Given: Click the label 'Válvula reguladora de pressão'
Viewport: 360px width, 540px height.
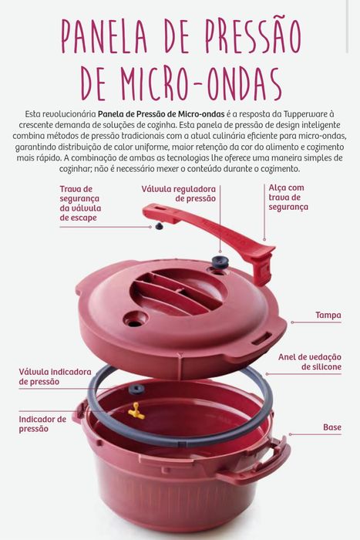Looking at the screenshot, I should point(178,193).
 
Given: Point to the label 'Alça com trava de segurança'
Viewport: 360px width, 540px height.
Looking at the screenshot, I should point(288,197).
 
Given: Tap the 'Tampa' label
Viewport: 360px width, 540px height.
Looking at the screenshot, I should point(328,315).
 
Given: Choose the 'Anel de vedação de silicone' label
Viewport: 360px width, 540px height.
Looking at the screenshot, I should point(310,362).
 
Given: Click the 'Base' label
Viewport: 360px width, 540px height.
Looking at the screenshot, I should point(331,427).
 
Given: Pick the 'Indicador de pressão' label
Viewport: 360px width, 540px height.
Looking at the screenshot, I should point(42,424).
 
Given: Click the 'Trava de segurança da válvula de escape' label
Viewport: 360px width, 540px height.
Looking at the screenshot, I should point(81,203).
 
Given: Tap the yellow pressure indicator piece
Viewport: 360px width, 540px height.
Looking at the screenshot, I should point(137,410).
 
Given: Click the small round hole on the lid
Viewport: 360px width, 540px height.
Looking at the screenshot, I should point(135,318).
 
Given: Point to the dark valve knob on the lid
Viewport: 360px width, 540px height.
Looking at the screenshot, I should point(221,262).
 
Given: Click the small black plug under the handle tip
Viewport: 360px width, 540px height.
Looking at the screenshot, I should point(160,227).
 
